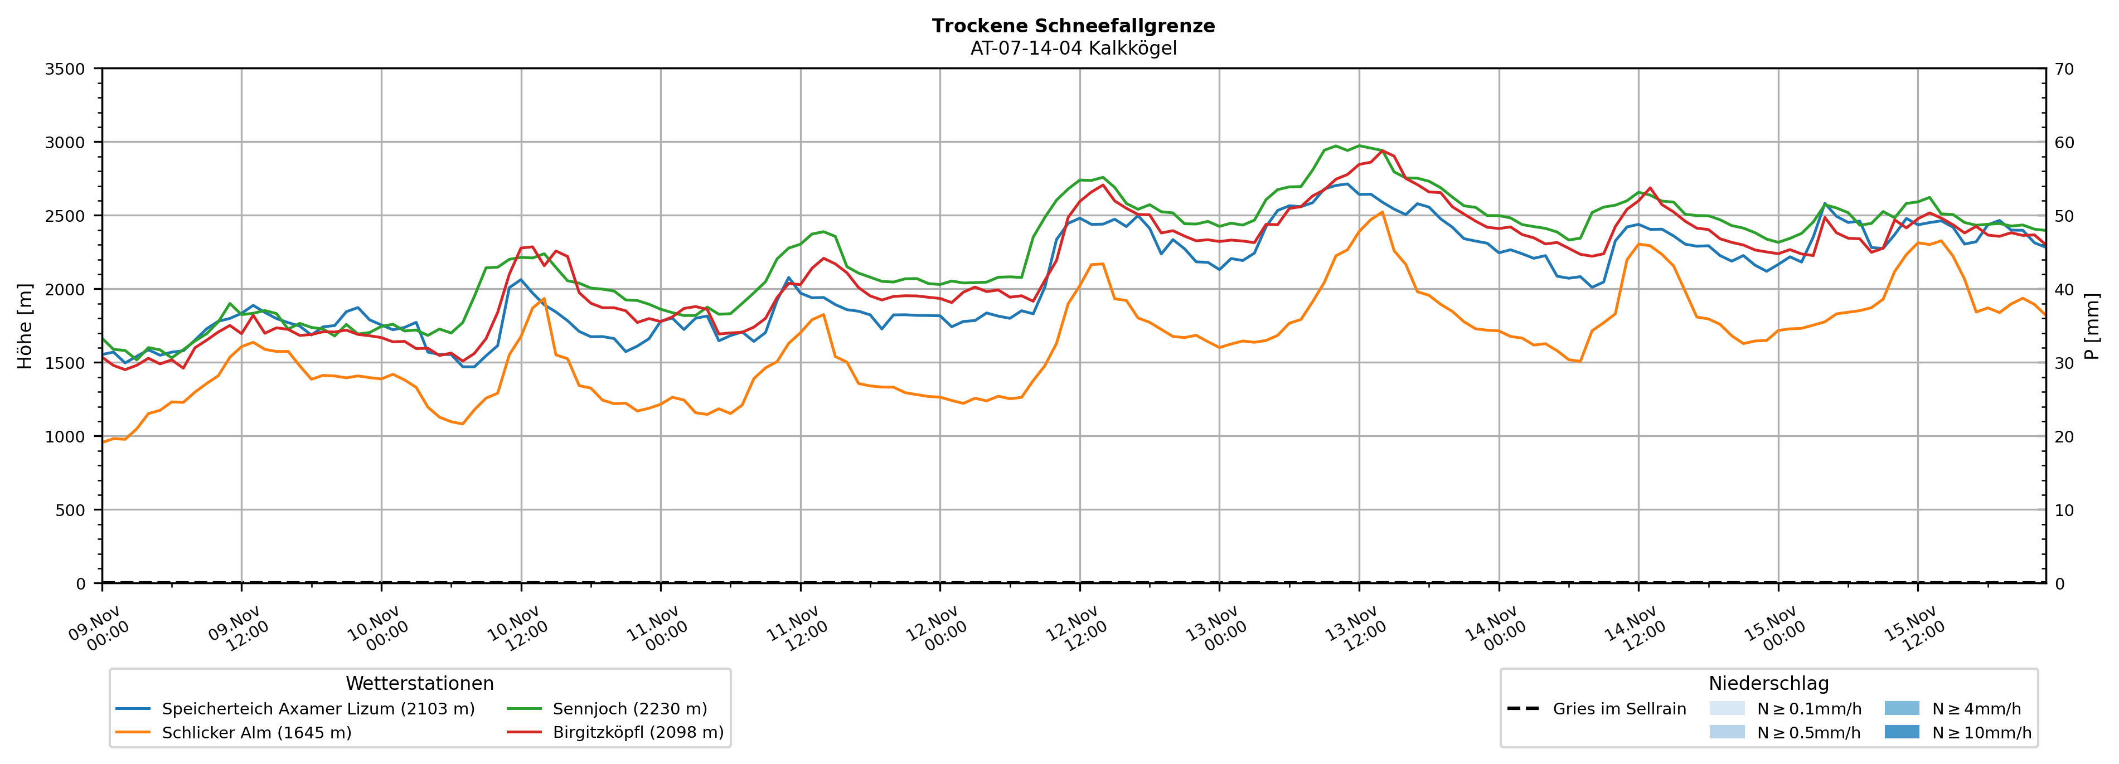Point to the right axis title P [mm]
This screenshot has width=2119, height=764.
click(2092, 325)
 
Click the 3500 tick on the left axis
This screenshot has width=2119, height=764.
click(65, 69)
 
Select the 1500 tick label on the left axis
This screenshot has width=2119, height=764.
click(65, 363)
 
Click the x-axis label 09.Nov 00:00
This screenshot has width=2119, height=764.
click(100, 629)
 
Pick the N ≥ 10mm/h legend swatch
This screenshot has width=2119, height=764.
click(1901, 732)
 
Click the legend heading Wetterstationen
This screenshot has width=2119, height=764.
click(420, 683)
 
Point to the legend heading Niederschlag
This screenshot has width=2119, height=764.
click(1768, 683)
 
